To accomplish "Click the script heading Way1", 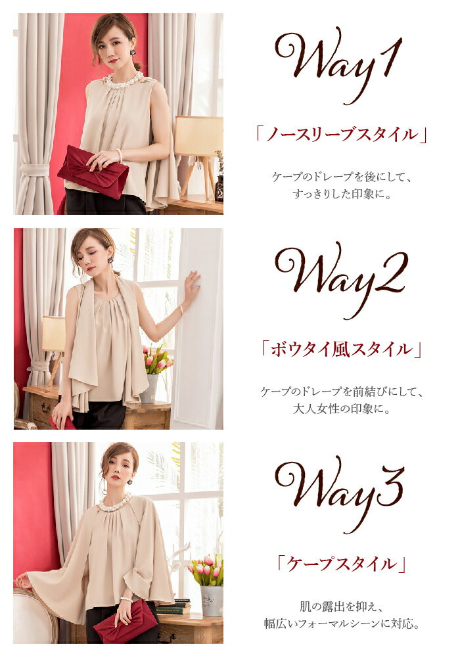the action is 338,64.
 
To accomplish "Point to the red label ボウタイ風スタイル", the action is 341,349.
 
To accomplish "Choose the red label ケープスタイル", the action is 341,564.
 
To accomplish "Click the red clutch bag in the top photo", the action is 93,171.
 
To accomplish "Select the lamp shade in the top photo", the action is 198,136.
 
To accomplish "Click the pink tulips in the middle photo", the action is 158,359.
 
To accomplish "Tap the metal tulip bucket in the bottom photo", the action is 211,600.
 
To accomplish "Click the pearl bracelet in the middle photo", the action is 182,311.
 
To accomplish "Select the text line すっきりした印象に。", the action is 342,194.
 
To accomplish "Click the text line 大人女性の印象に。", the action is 342,409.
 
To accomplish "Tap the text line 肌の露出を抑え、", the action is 341,606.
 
